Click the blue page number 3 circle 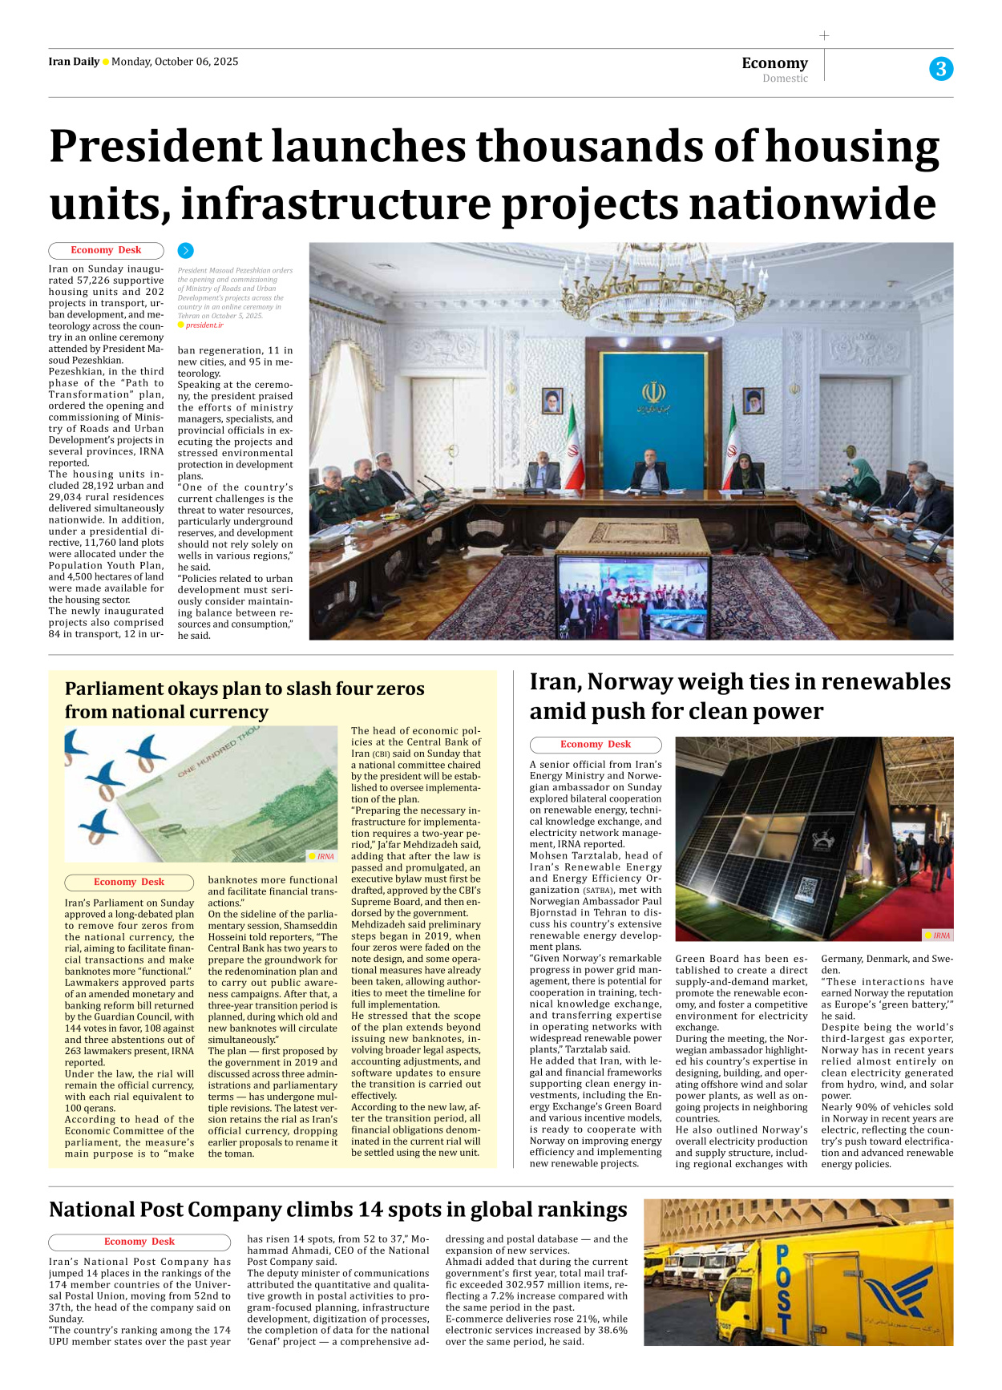tap(941, 69)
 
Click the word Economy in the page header tap(774, 63)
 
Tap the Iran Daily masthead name tap(74, 62)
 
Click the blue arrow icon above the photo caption tap(185, 251)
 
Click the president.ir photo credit tap(204, 325)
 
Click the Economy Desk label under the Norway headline tap(595, 745)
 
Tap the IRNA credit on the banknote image tap(325, 856)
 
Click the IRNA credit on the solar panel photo tap(940, 935)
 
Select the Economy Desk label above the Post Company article tap(139, 1242)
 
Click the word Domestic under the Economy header tap(785, 79)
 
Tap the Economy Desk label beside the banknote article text tap(128, 882)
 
